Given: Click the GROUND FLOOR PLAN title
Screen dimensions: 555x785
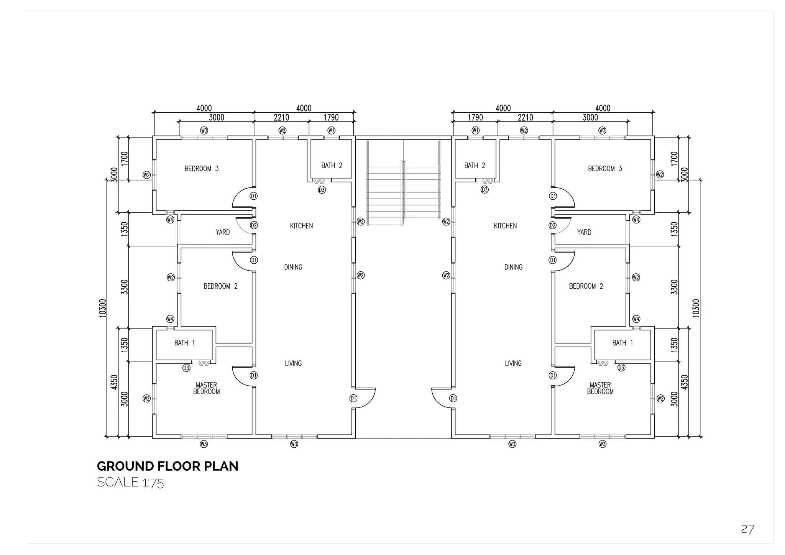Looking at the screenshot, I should pyautogui.click(x=168, y=466).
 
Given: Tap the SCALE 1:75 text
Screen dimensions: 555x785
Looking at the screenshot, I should pyautogui.click(x=130, y=483).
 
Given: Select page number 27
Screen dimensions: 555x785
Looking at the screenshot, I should pyautogui.click(x=747, y=529).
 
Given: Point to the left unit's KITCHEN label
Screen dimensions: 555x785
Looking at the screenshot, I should pyautogui.click(x=301, y=226).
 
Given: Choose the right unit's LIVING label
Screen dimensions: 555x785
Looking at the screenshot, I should pyautogui.click(x=513, y=363).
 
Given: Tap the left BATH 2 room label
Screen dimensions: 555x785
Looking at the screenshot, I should pyautogui.click(x=332, y=166).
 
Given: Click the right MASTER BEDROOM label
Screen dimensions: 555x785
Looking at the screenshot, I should pyautogui.click(x=600, y=388).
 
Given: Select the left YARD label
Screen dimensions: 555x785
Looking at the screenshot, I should pyautogui.click(x=223, y=232).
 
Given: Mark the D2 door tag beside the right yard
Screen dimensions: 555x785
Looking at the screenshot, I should pyautogui.click(x=552, y=225).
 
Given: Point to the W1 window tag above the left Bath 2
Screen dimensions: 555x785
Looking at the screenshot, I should pyautogui.click(x=332, y=131).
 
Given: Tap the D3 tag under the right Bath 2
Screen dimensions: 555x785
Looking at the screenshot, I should pyautogui.click(x=485, y=190).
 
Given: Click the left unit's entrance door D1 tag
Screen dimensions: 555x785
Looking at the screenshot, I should pyautogui.click(x=353, y=398).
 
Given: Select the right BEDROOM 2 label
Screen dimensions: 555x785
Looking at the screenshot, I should pyautogui.click(x=586, y=286).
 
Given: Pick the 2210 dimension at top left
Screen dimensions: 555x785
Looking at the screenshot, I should pyautogui.click(x=281, y=118).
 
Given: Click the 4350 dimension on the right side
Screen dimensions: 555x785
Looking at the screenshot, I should pyautogui.click(x=685, y=382).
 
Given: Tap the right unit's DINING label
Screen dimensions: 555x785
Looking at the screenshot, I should pyautogui.click(x=513, y=267).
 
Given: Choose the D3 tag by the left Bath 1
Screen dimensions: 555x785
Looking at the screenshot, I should pyautogui.click(x=186, y=368).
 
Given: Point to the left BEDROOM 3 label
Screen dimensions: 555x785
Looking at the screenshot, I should pyautogui.click(x=202, y=169).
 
